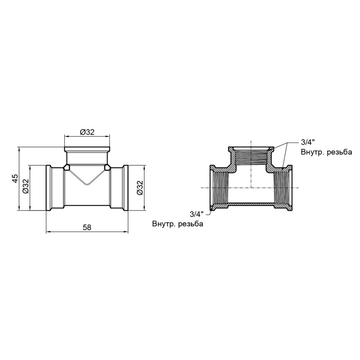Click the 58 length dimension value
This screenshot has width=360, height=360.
87,228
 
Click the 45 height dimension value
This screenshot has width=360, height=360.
15,178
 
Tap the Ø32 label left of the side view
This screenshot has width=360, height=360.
26,186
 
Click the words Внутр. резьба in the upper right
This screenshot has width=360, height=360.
326,152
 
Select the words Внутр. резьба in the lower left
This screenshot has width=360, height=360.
178,224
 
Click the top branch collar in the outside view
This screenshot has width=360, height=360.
87,149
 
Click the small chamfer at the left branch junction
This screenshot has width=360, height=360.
67,168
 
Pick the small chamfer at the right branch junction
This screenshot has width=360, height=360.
108,168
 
